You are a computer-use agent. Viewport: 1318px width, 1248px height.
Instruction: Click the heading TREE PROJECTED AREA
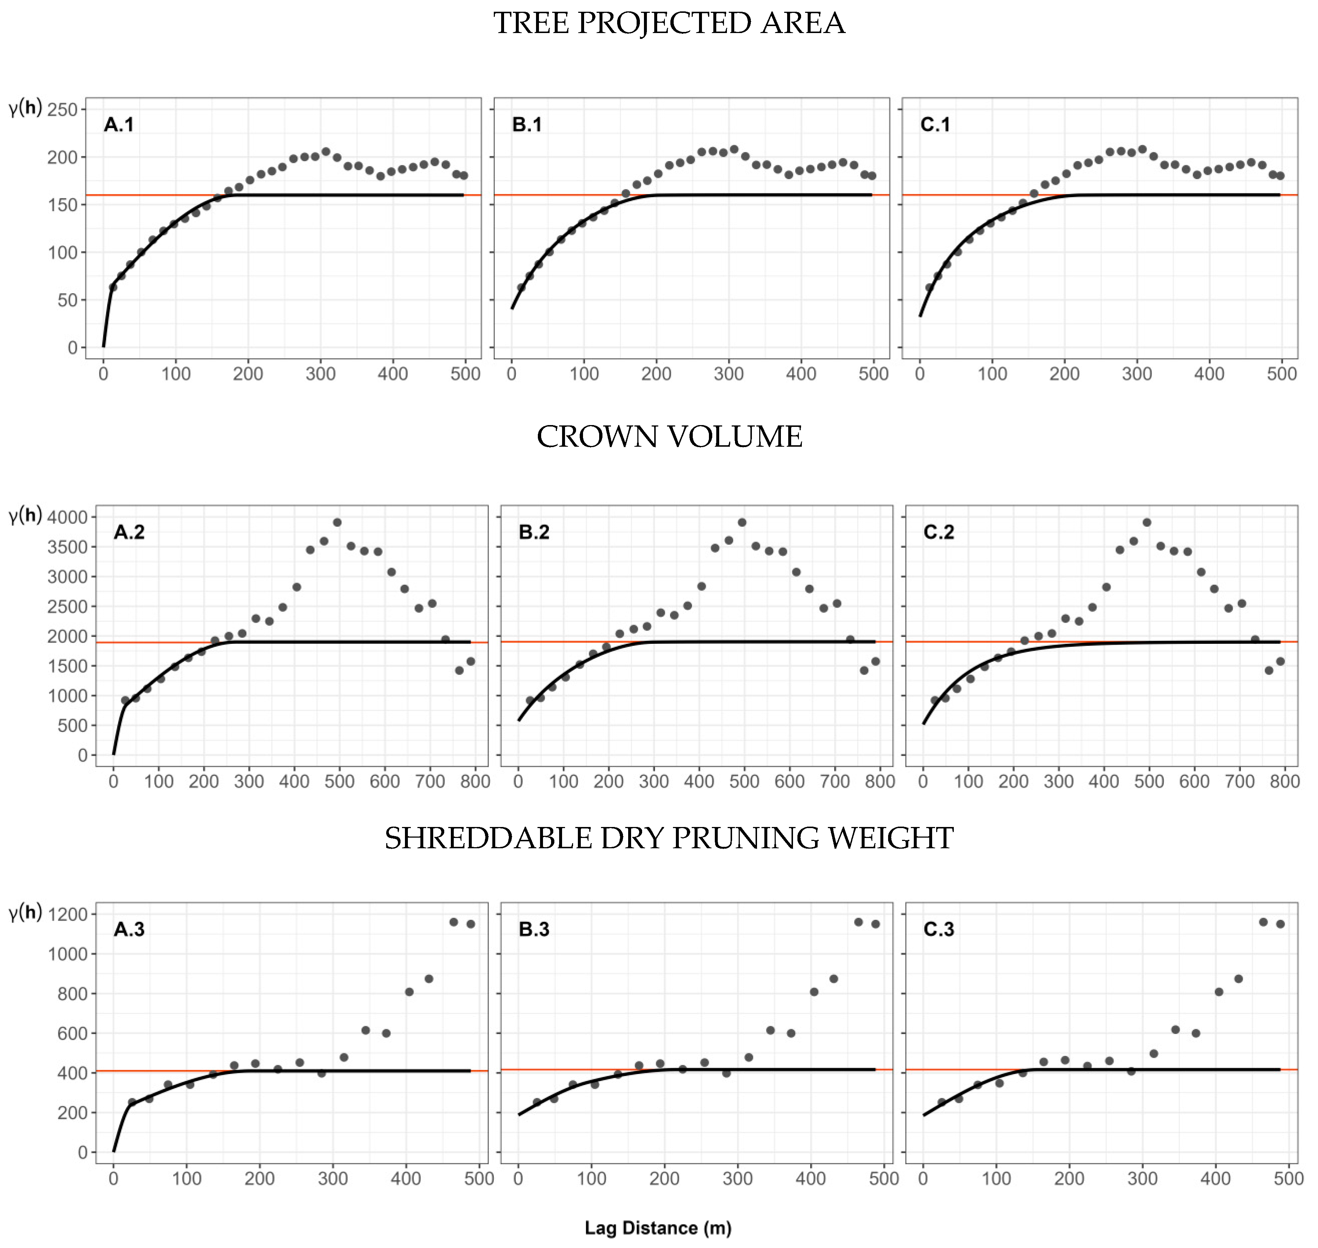pos(669,23)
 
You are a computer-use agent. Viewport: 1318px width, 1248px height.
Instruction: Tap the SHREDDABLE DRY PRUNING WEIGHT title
pos(669,838)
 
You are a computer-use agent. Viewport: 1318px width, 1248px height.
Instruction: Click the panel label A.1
pos(119,124)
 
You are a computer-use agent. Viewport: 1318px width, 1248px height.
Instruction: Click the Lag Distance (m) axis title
pos(658,1228)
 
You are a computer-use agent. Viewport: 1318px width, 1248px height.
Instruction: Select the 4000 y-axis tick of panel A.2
pos(67,517)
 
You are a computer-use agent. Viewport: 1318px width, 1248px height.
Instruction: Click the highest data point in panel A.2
pos(337,522)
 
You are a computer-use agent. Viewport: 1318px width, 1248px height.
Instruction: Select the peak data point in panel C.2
pos(1146,522)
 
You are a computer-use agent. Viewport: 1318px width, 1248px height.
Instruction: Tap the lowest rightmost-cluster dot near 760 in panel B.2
pos(863,670)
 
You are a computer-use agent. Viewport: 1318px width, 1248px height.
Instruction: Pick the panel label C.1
pos(935,124)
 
